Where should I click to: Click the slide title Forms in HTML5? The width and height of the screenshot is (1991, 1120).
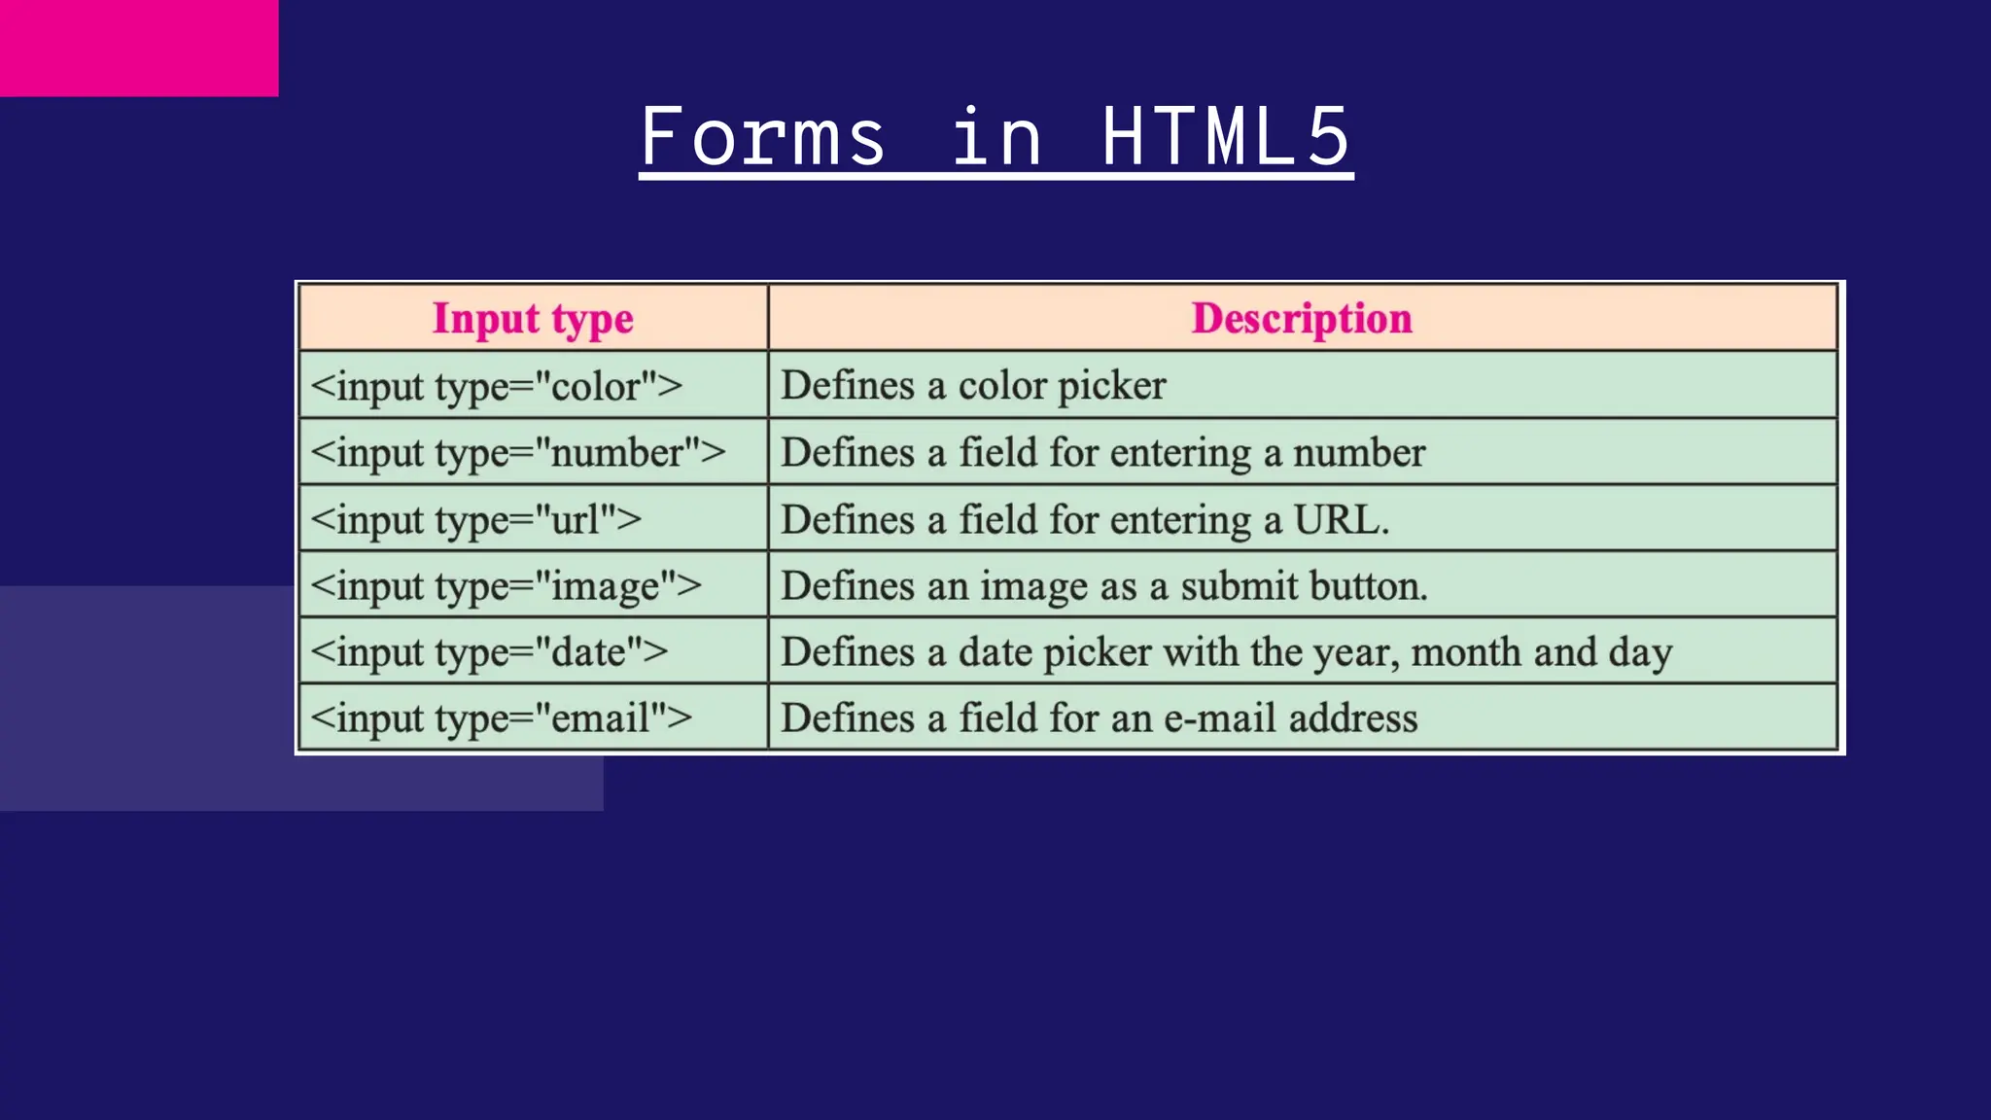pyautogui.click(x=995, y=138)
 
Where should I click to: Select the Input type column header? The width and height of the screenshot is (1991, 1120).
pyautogui.click(x=533, y=319)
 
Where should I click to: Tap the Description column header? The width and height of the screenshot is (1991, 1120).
pyautogui.click(x=1302, y=319)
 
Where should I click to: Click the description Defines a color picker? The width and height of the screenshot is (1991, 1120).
pyautogui.click(x=973, y=386)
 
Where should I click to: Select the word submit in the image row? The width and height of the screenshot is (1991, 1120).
pyautogui.click(x=1239, y=586)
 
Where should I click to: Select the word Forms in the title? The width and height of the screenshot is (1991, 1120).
pyautogui.click(x=763, y=138)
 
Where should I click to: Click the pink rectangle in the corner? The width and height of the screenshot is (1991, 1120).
pyautogui.click(x=139, y=48)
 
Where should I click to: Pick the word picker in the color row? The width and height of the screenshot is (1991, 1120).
pyautogui.click(x=1111, y=386)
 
